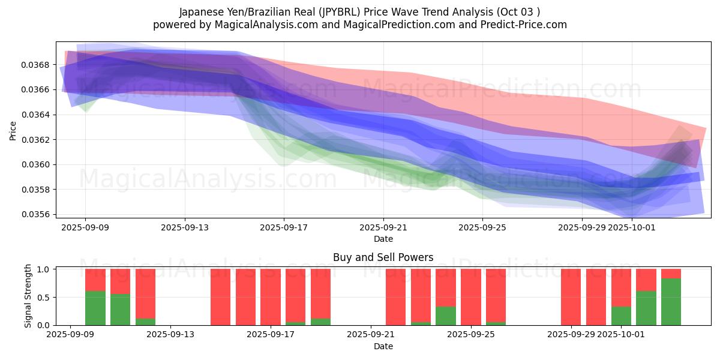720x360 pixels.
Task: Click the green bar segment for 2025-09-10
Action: click(95, 308)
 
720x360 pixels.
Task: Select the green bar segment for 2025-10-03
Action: click(671, 302)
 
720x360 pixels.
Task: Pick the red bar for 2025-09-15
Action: click(220, 297)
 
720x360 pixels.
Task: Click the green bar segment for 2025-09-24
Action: click(445, 316)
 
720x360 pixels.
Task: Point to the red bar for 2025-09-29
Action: click(571, 297)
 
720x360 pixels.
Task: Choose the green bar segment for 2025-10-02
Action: click(646, 308)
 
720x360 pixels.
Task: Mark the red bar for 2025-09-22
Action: click(395, 297)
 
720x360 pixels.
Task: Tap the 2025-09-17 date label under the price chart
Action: click(284, 227)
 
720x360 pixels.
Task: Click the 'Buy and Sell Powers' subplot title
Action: click(383, 258)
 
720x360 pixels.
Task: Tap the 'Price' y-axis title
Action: click(13, 131)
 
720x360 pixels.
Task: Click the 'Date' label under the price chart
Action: click(383, 239)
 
